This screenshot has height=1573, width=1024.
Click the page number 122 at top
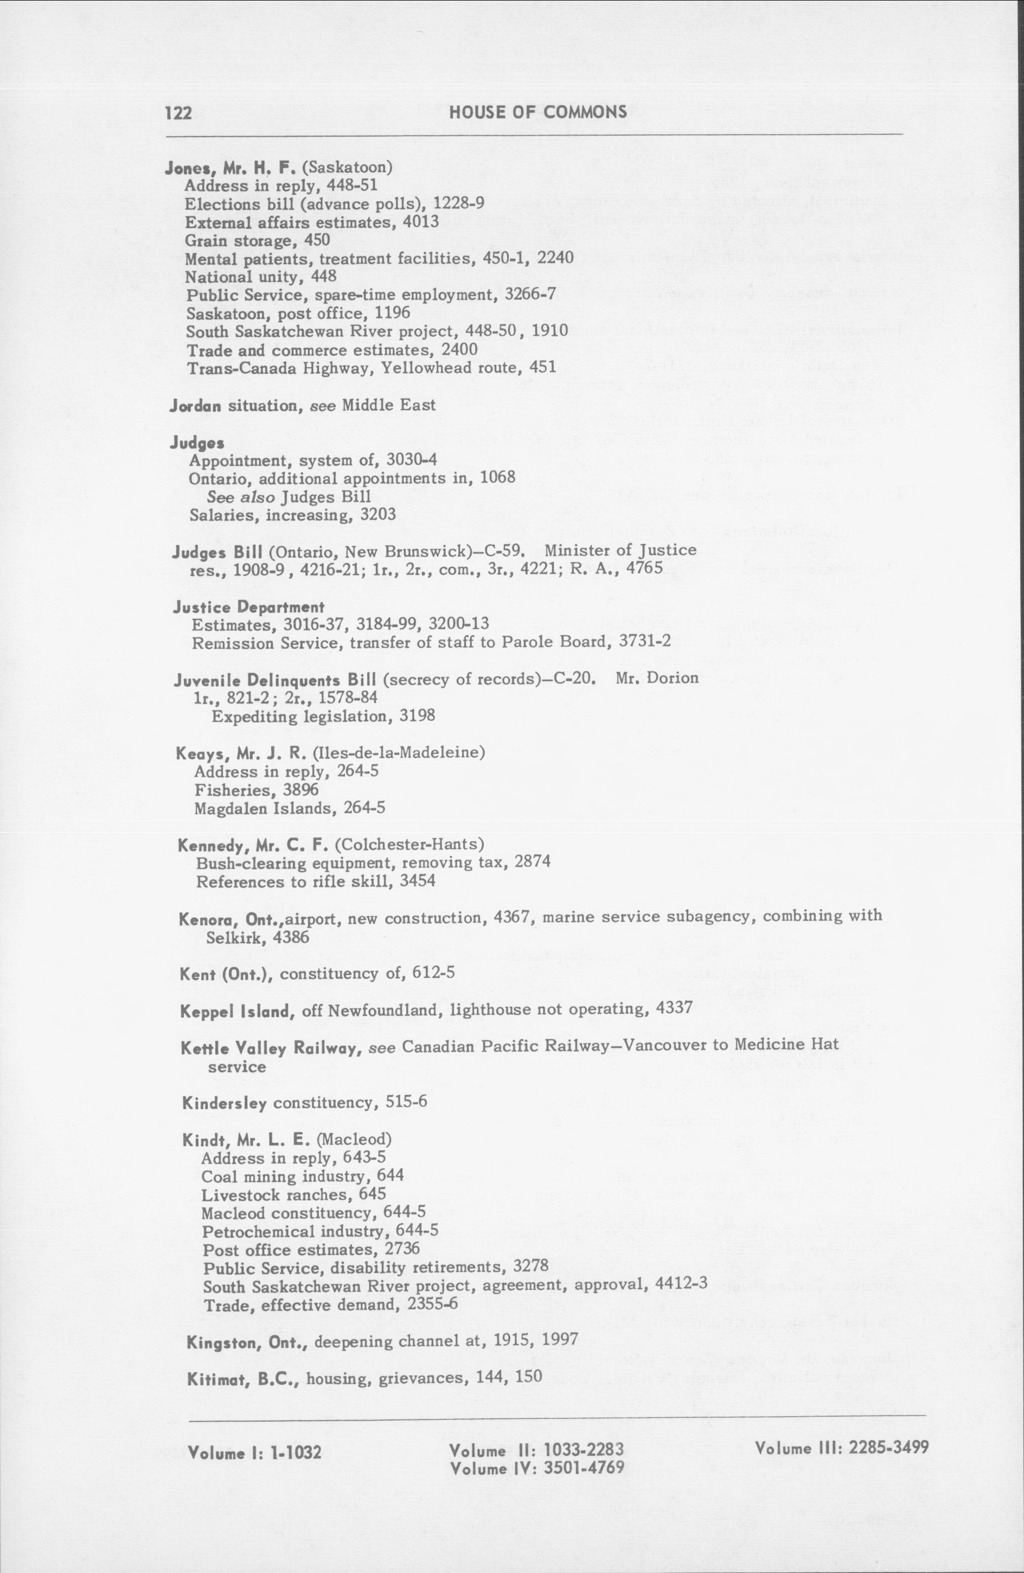click(x=178, y=113)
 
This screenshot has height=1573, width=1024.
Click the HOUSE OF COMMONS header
click(x=537, y=112)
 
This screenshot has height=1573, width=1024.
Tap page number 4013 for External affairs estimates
click(x=420, y=221)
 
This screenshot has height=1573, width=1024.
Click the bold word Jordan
click(x=196, y=405)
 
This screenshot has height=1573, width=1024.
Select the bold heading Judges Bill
click(x=209, y=551)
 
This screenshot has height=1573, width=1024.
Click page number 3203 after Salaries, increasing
click(x=377, y=514)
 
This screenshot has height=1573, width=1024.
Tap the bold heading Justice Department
click(x=248, y=607)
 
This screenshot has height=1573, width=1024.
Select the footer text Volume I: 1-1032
click(x=255, y=1453)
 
